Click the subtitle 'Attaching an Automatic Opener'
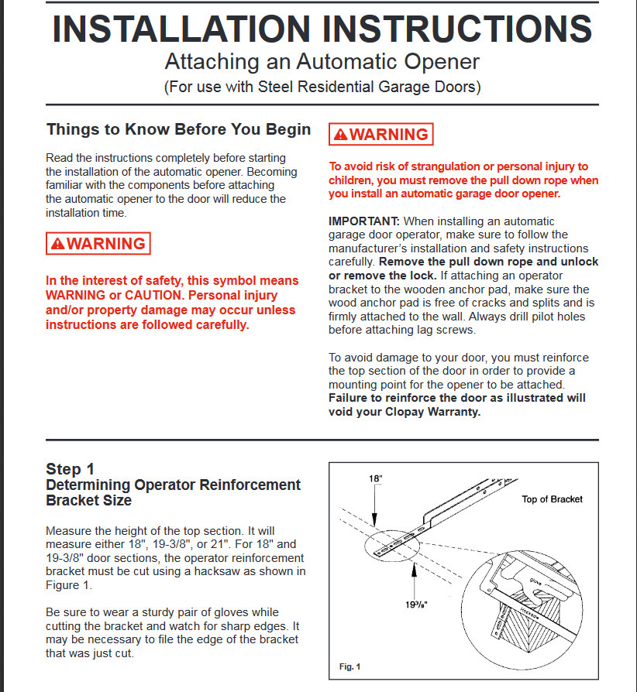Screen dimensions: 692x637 [322, 62]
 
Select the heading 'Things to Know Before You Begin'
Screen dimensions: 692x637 [178, 129]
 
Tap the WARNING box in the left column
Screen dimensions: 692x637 [98, 244]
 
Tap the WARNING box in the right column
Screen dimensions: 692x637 [380, 135]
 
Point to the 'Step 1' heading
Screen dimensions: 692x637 [70, 469]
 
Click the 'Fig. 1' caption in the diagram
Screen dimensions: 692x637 [350, 666]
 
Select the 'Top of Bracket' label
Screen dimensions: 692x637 [552, 499]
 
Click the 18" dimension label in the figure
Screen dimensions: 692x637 [375, 479]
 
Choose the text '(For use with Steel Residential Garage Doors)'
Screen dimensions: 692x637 [322, 87]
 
